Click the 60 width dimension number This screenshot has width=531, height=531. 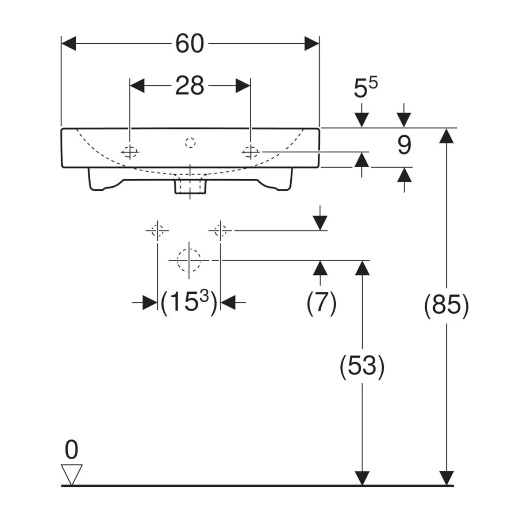coord(189,44)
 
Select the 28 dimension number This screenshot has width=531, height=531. coord(189,86)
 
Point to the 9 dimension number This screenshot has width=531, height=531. coord(404,145)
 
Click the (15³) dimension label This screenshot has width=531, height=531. coord(189,302)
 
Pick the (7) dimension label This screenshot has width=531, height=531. coord(321,304)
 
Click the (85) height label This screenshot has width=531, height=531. coord(446,305)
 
